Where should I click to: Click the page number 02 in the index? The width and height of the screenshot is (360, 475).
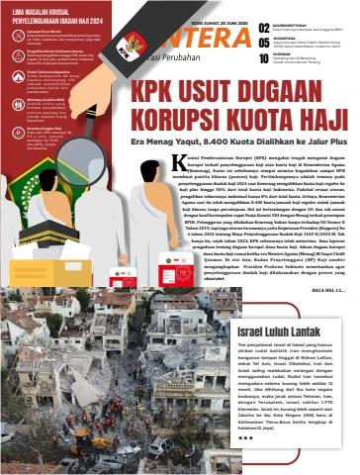263,29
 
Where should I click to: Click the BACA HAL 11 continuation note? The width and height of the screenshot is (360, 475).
325,260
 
